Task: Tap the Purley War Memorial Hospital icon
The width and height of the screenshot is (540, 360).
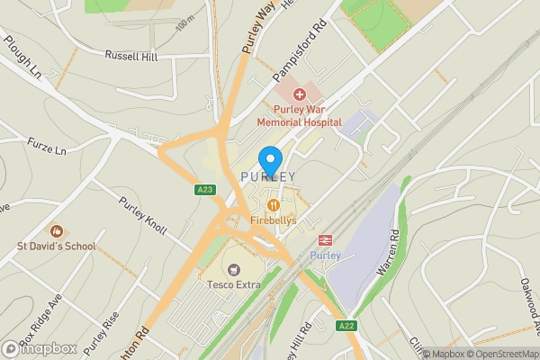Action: [299, 94]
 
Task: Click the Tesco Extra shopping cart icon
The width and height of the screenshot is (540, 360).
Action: [235, 269]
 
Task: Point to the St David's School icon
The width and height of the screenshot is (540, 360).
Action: [55, 232]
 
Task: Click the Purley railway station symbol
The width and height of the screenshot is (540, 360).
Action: [325, 241]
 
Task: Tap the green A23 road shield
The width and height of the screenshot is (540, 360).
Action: [204, 190]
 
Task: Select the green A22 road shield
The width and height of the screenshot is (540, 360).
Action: [345, 325]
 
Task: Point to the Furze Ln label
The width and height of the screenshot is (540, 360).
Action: [47, 146]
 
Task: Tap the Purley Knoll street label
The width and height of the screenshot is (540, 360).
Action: [143, 214]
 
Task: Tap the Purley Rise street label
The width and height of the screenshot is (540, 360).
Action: [102, 335]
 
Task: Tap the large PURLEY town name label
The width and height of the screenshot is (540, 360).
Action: [268, 176]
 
